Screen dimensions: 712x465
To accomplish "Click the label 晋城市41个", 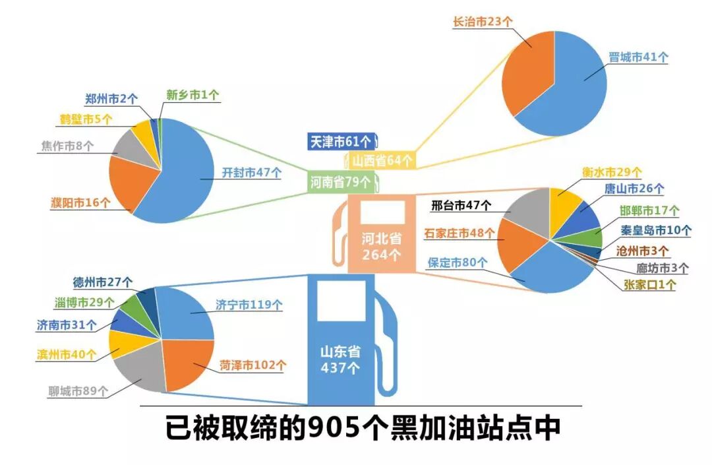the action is click(638, 57).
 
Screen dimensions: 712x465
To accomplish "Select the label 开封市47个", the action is click(251, 173).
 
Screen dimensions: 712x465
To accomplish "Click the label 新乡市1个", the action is click(193, 95).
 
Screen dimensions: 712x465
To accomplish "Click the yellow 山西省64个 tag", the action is click(382, 160).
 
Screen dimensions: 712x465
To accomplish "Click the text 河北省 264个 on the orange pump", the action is click(380, 245).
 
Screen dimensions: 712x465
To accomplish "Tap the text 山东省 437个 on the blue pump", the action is click(340, 359).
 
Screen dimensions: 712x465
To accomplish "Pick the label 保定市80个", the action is click(458, 262).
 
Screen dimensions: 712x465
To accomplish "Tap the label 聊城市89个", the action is click(78, 391).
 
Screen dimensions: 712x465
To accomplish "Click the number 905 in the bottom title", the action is click(332, 428).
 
